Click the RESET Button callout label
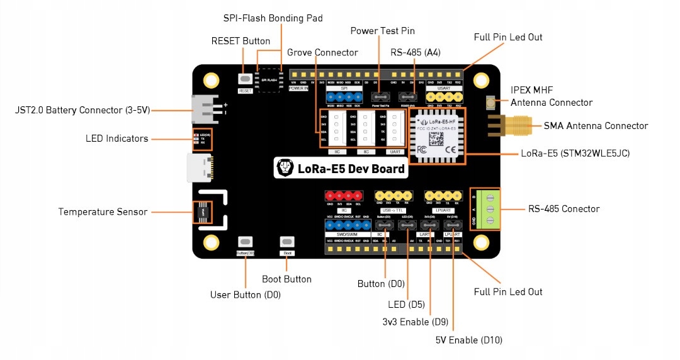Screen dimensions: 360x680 click(x=241, y=41)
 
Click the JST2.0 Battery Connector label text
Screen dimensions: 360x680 click(x=82, y=110)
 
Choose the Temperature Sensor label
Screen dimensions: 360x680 click(x=103, y=212)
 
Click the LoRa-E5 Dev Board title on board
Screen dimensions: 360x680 click(x=341, y=168)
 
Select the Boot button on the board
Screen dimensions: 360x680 click(x=287, y=242)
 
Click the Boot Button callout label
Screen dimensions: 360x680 click(x=286, y=279)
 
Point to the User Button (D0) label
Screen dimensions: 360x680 click(x=245, y=295)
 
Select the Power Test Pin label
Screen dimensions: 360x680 click(x=382, y=31)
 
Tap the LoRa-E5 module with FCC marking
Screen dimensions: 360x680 click(x=438, y=135)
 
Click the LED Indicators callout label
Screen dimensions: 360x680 click(x=117, y=138)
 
